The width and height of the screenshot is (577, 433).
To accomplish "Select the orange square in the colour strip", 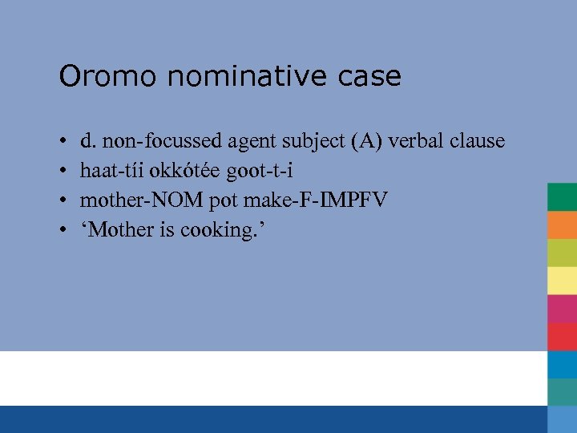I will coord(562,225).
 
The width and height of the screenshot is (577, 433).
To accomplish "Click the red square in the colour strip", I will coord(562,336).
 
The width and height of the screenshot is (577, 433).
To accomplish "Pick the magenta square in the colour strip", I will coord(562,309).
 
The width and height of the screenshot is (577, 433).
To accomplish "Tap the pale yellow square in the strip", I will coord(562,281).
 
